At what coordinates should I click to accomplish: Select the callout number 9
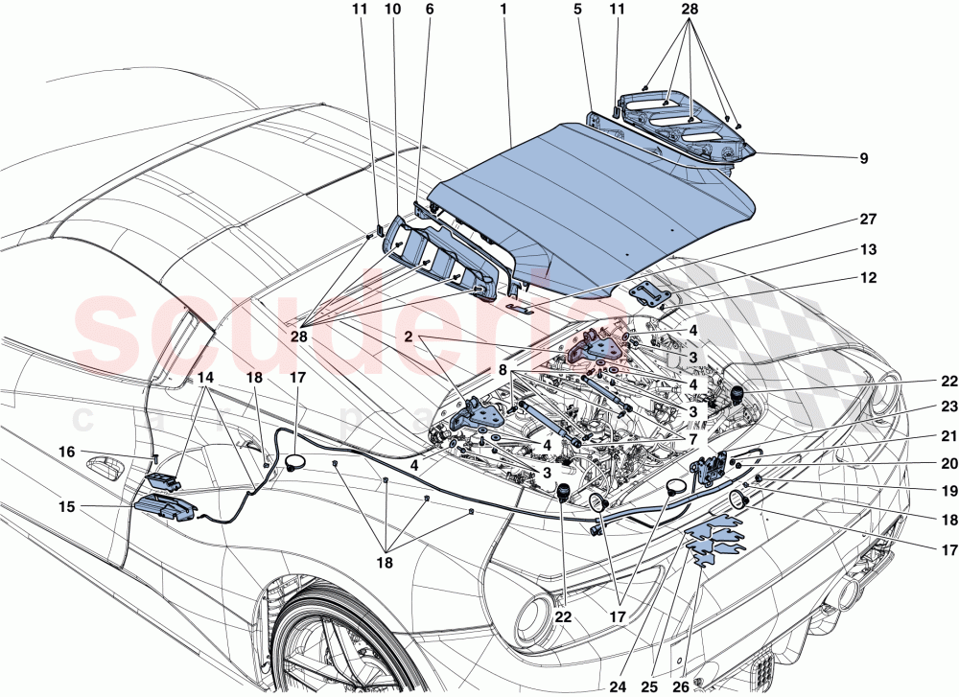pos(864,158)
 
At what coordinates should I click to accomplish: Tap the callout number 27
pos(869,220)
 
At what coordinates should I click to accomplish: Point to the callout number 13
pos(869,249)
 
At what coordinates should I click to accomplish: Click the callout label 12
pos(869,279)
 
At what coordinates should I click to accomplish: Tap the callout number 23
pos(923,405)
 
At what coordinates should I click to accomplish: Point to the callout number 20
pos(923,462)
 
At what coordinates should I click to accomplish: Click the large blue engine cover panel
pos(595,211)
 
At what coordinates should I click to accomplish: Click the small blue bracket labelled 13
pos(644,293)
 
